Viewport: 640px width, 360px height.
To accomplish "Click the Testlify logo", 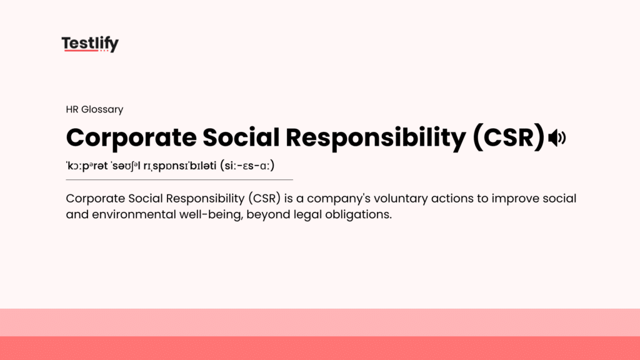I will [x=90, y=44].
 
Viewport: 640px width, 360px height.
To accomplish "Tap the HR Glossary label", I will [x=94, y=109].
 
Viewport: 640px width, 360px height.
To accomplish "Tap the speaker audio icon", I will [x=556, y=138].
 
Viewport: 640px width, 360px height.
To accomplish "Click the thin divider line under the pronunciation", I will [x=179, y=180].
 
